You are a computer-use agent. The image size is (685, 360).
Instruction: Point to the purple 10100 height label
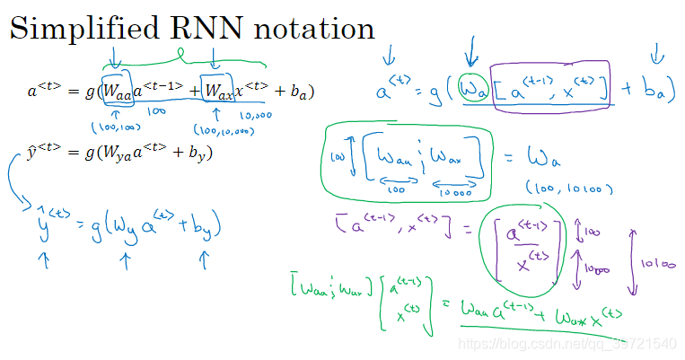tap(658, 264)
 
